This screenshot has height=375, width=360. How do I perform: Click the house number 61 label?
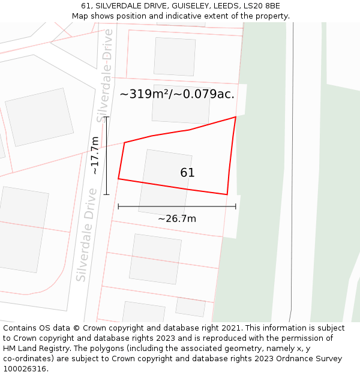[187, 173]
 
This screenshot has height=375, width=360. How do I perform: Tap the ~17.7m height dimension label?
[95, 155]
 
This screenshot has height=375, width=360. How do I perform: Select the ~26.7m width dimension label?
[177, 218]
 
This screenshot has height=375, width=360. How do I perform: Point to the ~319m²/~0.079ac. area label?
[177, 94]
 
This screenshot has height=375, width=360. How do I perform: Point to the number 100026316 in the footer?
[24, 369]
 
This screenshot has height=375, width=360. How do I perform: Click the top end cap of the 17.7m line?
[106, 117]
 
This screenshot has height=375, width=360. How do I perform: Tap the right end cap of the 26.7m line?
[236, 206]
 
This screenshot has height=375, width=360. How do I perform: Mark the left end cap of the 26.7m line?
[118, 206]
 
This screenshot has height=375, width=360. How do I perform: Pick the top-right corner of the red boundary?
[235, 117]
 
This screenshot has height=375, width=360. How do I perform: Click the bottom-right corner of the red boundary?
[227, 194]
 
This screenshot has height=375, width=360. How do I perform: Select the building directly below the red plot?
[155, 259]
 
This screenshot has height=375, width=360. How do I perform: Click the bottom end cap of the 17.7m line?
[106, 194]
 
